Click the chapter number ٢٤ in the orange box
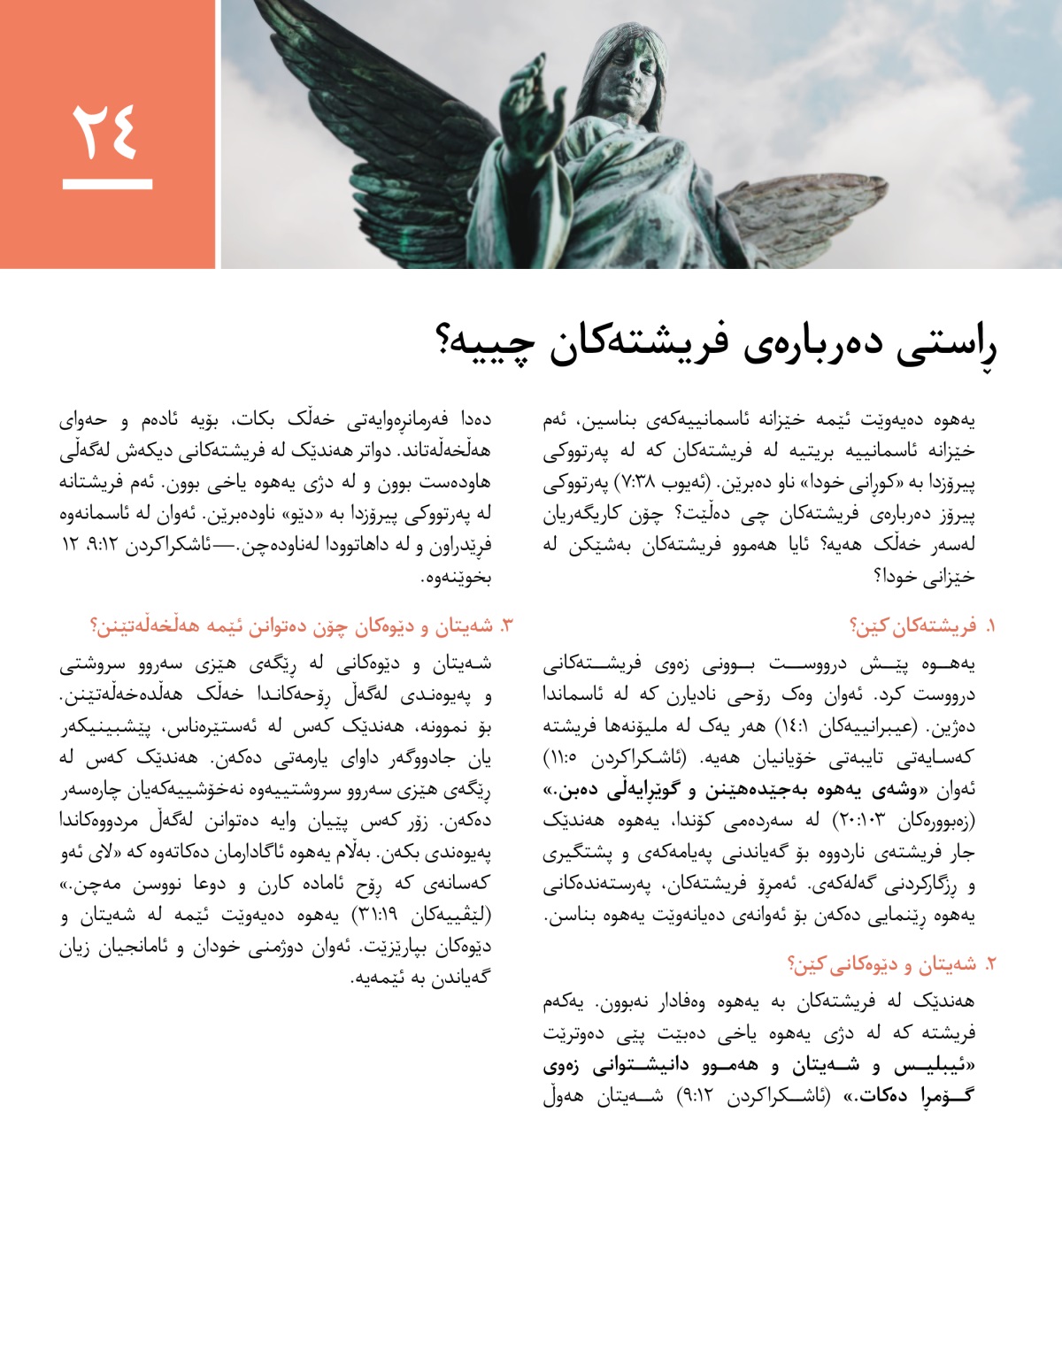[x=106, y=131]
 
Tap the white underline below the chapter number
[x=107, y=185]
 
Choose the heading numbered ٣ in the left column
[x=301, y=626]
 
